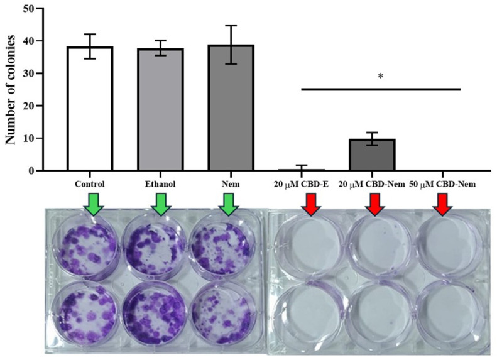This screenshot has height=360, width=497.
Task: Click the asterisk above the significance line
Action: coord(381,76)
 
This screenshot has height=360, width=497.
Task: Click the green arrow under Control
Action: coord(92,204)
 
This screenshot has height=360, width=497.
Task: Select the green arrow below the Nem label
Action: coord(229,204)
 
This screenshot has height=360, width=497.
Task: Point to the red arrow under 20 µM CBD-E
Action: coord(310,204)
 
